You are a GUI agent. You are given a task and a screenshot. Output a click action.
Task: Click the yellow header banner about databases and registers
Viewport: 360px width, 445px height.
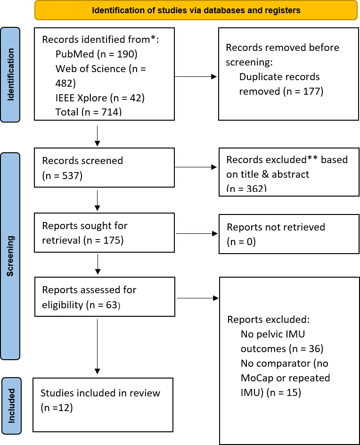click(x=196, y=10)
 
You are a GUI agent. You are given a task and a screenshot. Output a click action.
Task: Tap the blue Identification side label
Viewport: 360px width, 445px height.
click(x=10, y=74)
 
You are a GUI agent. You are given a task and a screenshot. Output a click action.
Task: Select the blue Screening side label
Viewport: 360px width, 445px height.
click(x=10, y=256)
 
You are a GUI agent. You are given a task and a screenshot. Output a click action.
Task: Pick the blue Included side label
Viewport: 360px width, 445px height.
click(x=11, y=406)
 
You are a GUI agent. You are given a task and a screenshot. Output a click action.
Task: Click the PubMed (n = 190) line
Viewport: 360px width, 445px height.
click(x=96, y=54)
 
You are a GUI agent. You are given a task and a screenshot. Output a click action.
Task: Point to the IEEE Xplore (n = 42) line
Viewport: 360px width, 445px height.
click(x=100, y=98)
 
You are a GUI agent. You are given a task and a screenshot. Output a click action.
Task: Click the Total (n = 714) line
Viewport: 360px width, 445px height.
click(x=89, y=112)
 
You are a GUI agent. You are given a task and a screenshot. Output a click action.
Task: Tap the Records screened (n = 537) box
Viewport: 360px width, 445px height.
click(x=105, y=167)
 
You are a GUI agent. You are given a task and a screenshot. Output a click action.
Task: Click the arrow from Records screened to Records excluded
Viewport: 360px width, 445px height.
click(x=196, y=167)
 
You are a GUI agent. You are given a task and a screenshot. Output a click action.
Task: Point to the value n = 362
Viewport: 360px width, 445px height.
click(x=246, y=188)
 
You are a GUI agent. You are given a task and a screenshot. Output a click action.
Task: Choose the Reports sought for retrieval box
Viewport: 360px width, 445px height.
click(x=105, y=233)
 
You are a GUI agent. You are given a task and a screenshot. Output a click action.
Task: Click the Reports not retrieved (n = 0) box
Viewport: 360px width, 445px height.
click(x=289, y=234)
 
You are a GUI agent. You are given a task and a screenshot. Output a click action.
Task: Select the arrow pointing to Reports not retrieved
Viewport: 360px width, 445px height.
click(x=196, y=233)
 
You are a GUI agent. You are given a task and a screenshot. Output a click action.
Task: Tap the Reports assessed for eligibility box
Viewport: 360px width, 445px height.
click(x=105, y=297)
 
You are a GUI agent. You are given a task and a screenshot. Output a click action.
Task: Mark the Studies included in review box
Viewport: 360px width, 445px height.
click(x=103, y=405)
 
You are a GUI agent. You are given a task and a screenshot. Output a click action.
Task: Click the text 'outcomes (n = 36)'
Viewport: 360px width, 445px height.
click(x=282, y=348)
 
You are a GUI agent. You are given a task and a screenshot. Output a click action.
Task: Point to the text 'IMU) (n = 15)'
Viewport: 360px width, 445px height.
click(x=271, y=393)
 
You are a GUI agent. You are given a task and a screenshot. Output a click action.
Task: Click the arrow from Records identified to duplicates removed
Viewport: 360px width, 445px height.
click(x=196, y=77)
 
